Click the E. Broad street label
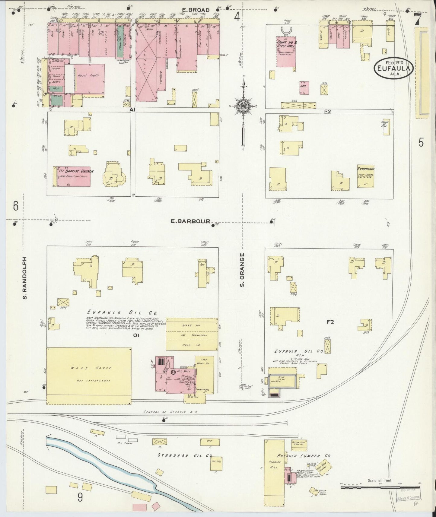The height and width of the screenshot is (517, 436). (196, 10)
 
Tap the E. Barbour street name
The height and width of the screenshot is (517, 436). (190, 221)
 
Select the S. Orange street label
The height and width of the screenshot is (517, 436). (242, 270)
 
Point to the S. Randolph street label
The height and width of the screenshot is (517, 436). (25, 278)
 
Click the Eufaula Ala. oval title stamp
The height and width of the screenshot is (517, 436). (393, 68)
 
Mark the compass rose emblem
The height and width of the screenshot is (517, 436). (243, 106)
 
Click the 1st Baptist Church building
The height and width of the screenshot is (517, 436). (73, 176)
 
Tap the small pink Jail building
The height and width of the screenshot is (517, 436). (304, 88)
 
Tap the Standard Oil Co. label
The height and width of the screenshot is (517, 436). (184, 455)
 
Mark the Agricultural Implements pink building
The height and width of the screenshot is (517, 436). (89, 78)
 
